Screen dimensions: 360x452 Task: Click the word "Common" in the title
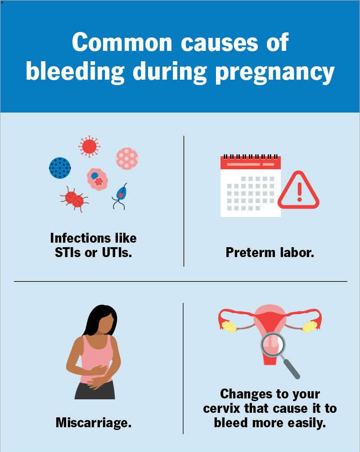click(122, 42)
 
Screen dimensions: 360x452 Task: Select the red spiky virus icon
click(90, 146)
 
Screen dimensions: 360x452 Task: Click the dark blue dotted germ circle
click(60, 168)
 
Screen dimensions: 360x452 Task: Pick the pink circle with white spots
click(127, 158)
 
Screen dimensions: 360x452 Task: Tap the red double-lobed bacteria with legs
click(74, 199)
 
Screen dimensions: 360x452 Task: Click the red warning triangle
click(299, 190)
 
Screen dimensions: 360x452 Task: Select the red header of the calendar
click(251, 163)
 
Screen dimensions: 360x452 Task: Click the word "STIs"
click(68, 253)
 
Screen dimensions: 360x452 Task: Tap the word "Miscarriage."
click(94, 423)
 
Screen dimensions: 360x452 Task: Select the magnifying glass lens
click(273, 345)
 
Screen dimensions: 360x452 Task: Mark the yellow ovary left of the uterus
click(229, 326)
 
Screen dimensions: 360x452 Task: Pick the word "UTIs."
click(117, 253)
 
